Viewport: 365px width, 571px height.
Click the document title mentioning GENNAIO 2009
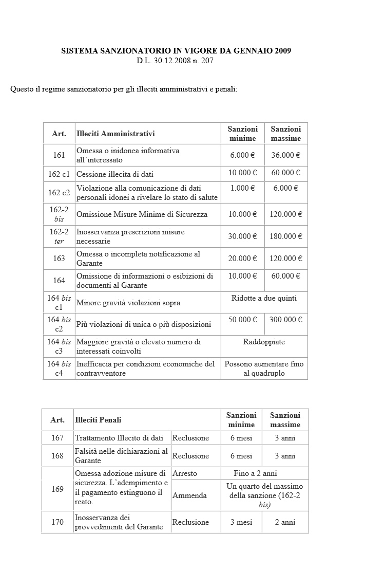point(176,51)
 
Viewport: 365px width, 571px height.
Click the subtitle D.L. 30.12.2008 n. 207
point(175,61)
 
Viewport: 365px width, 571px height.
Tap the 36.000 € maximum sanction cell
point(286,155)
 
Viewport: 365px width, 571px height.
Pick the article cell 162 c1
point(59,174)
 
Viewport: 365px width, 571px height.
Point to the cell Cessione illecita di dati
point(115,174)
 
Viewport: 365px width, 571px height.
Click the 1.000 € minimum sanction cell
point(243,188)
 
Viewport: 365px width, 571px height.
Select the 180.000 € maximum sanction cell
point(286,236)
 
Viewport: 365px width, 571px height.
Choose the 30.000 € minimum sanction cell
point(243,236)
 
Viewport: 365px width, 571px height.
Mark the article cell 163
point(59,259)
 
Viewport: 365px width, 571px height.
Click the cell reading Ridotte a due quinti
point(264,298)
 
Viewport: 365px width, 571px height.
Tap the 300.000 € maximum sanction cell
point(286,320)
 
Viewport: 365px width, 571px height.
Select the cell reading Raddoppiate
point(264,342)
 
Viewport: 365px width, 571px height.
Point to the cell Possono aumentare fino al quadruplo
point(264,369)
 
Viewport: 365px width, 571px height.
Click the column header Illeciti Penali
point(98,420)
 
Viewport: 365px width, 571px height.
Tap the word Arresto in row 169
point(185,473)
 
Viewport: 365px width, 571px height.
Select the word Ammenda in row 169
point(189,495)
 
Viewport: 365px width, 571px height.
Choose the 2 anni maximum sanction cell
point(285,522)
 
